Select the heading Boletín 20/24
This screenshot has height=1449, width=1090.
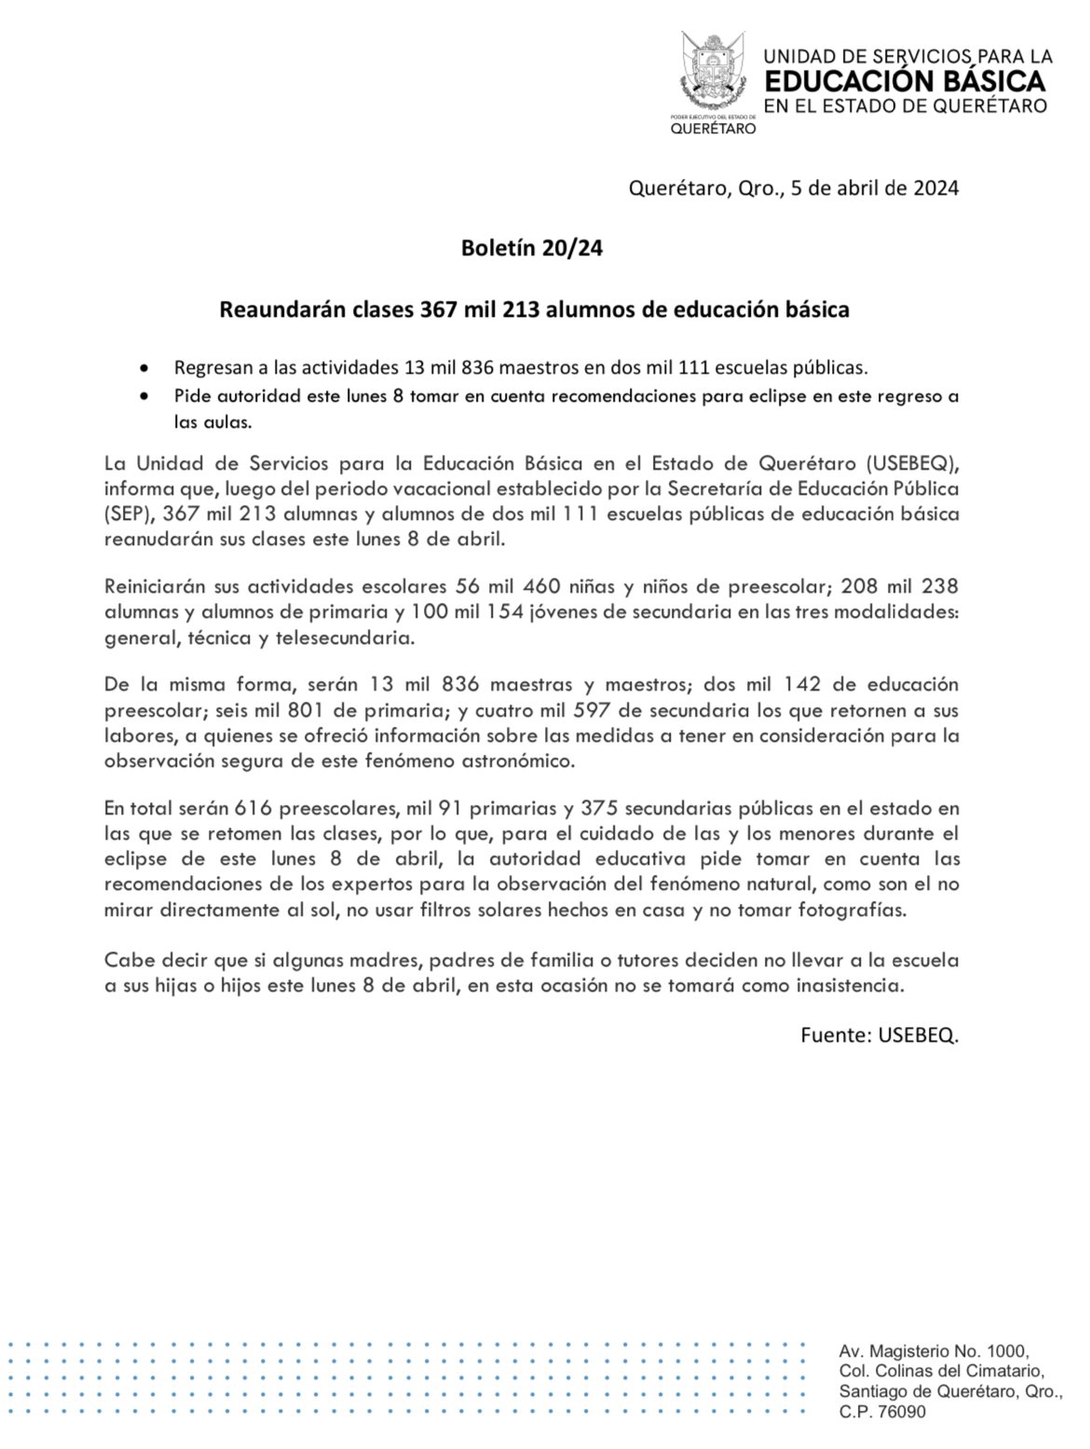coord(532,249)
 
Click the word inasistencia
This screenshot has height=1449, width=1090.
coord(850,984)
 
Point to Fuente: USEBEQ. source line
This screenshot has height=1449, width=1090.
coord(879,1035)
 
